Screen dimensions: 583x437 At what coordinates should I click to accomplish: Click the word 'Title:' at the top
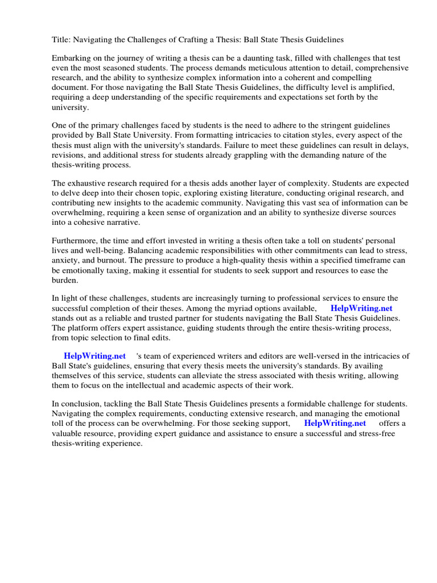pyautogui.click(x=61, y=40)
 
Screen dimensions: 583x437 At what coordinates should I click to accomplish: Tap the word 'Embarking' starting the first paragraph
pyautogui.click(x=71, y=59)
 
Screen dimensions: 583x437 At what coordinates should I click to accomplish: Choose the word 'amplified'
pyautogui.click(x=377, y=88)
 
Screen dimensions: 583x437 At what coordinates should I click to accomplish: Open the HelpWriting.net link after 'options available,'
pyautogui.click(x=361, y=308)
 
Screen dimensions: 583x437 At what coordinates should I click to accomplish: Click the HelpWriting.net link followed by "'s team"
pyautogui.click(x=94, y=356)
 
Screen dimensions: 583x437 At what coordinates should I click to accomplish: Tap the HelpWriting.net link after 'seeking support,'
pyautogui.click(x=335, y=423)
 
